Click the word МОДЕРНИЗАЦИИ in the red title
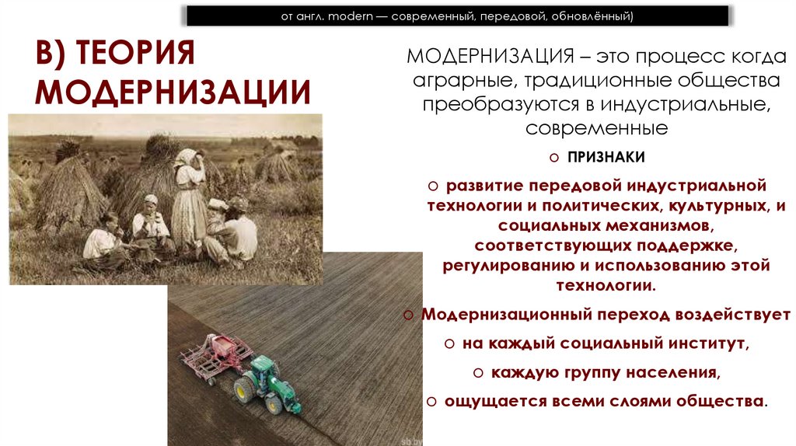(x=173, y=91)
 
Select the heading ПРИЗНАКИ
(x=606, y=157)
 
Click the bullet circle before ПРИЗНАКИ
(x=554, y=158)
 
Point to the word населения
(x=666, y=372)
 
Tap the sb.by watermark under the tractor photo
(x=410, y=439)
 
